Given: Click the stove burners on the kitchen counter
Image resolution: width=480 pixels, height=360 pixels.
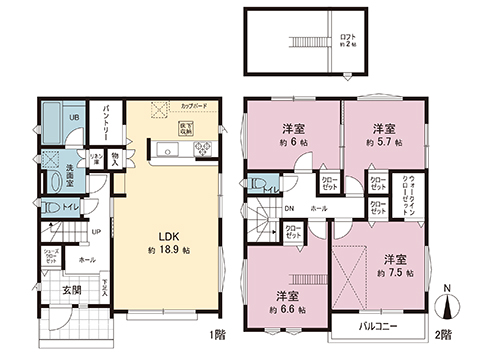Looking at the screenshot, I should point(203,151).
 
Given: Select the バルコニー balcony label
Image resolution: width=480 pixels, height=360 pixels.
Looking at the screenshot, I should point(391,326).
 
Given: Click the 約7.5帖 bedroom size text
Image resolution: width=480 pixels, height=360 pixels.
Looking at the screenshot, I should point(391,270).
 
